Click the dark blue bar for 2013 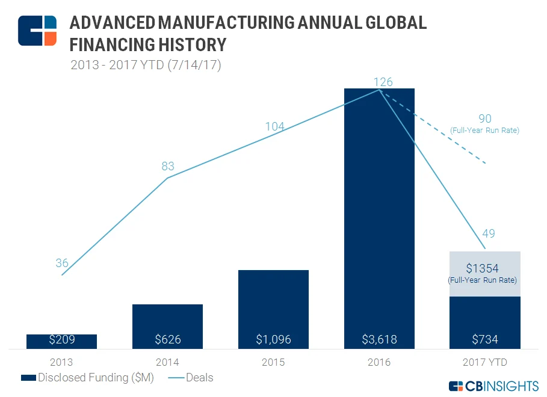click(61, 342)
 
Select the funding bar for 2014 click(167, 327)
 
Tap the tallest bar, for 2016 click(379, 219)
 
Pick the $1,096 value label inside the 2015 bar click(273, 339)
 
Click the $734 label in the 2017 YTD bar click(485, 339)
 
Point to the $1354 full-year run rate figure click(483, 268)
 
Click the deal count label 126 click(383, 82)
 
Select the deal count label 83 click(168, 166)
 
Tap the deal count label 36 click(62, 263)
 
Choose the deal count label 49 click(489, 233)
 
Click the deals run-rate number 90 click(485, 118)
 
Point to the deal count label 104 click(275, 126)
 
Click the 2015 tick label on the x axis click(273, 362)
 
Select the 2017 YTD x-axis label click(485, 362)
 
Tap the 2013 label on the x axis click(61, 362)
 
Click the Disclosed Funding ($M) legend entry click(87, 378)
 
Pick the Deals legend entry click(191, 378)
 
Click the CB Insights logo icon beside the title click(37, 31)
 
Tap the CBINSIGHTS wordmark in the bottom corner click(493, 386)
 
